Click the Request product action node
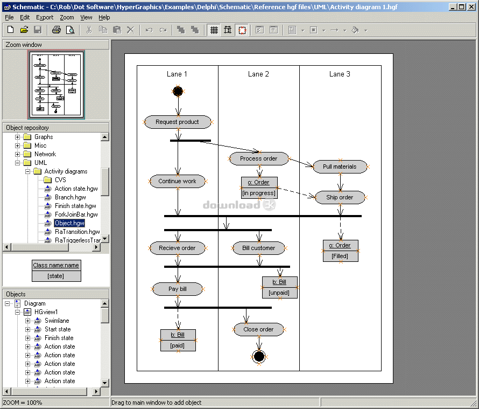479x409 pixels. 178,122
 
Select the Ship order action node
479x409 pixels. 340,197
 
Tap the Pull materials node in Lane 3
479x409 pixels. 340,167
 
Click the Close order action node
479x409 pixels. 258,329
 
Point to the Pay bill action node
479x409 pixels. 178,289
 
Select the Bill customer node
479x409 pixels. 258,248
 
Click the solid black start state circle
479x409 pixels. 178,91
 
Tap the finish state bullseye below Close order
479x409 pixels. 259,356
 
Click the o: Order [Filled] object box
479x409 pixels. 340,251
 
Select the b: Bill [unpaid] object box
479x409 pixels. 279,288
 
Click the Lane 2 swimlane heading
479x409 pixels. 258,74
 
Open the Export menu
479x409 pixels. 45,17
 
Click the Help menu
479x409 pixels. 104,17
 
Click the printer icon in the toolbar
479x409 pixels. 56,30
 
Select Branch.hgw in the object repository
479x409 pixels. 71,197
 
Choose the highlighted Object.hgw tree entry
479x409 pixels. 69,223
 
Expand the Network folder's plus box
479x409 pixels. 17,154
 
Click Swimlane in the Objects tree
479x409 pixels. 57,321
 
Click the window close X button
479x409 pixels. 471,6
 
